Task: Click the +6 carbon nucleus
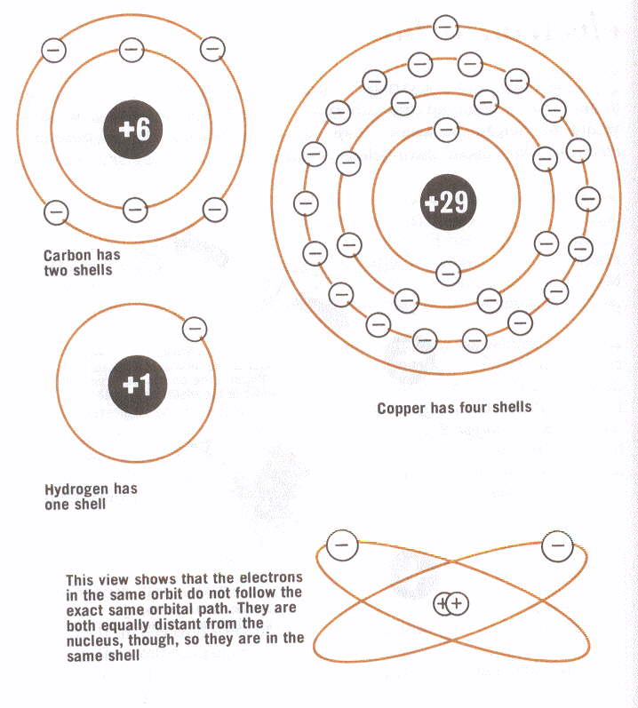pyautogui.click(x=132, y=129)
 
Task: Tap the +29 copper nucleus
pyautogui.click(x=448, y=203)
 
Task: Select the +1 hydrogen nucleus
pyautogui.click(x=138, y=386)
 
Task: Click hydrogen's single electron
pyautogui.click(x=195, y=329)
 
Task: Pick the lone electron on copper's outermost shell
pyautogui.click(x=445, y=28)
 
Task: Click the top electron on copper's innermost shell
pyautogui.click(x=446, y=130)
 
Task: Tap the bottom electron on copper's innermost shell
pyautogui.click(x=449, y=274)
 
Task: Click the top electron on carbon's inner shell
pyautogui.click(x=132, y=50)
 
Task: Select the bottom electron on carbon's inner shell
pyautogui.click(x=135, y=210)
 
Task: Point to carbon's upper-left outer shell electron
pyautogui.click(x=53, y=50)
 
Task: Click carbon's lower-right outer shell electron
pyautogui.click(x=215, y=210)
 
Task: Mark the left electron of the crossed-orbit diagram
pyautogui.click(x=342, y=545)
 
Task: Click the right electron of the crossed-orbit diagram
pyautogui.click(x=557, y=545)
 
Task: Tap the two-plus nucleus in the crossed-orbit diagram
pyautogui.click(x=451, y=604)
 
